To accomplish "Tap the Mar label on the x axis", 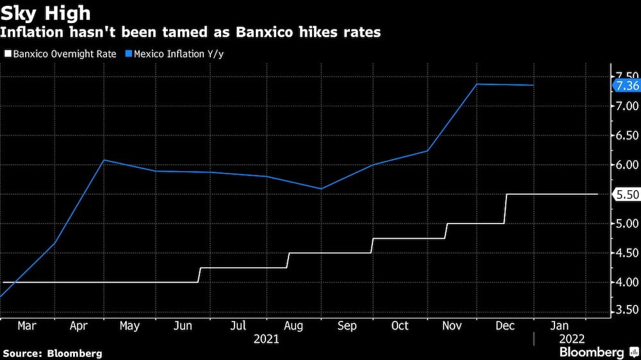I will [27, 326].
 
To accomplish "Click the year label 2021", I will [266, 340].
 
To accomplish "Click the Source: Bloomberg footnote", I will [52, 353].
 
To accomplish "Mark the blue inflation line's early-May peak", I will [104, 160].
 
